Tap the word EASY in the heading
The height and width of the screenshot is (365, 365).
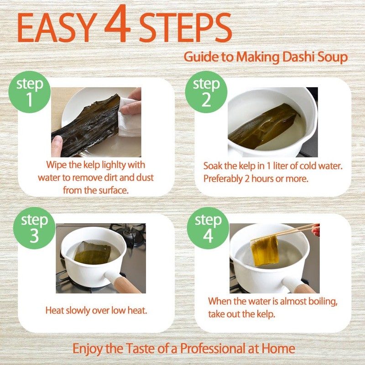click(x=57, y=27)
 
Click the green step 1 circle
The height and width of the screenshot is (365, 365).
click(x=30, y=92)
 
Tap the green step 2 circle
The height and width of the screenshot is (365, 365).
click(x=206, y=92)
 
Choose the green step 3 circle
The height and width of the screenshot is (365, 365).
click(x=34, y=228)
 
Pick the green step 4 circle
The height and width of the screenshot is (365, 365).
click(x=208, y=228)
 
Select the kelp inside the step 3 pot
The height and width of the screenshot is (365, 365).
click(x=93, y=253)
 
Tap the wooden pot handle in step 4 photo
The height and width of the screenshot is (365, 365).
click(x=302, y=287)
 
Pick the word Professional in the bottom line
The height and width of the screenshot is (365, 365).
click(x=213, y=349)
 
